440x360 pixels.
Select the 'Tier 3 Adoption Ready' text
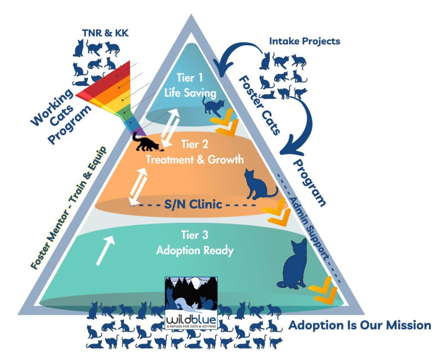193,243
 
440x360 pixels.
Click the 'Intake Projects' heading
305,41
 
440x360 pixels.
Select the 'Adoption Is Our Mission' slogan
359,325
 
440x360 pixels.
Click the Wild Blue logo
191,302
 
